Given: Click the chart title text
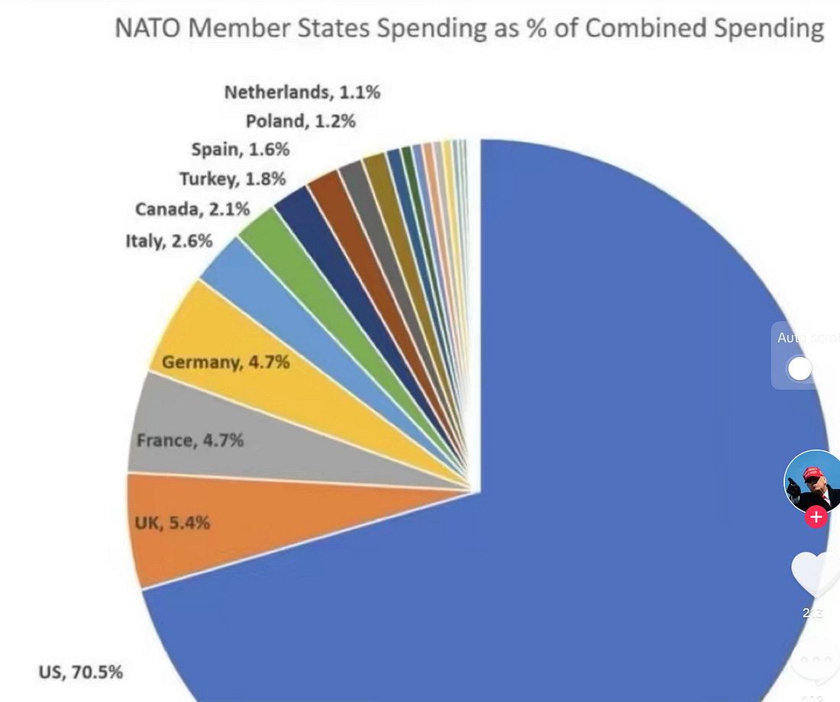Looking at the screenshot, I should pos(469,29).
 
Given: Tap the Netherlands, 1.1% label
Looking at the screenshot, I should pos(302,93).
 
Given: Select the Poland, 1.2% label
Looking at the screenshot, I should pos(300,121).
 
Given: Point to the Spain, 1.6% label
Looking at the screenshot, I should pos(241,150).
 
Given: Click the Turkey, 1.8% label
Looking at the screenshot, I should pos(232,179).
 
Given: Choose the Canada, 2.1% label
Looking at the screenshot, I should pos(192,209).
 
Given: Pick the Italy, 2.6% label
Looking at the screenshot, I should pos(169,242).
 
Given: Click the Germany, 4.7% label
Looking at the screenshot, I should pos(225,362).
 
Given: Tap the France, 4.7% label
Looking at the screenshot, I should pos(190,440).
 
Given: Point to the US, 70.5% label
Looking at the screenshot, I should pos(80,672).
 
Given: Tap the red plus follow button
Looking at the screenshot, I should pos(816,517).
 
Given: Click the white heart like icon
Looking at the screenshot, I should pos(814,574).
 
